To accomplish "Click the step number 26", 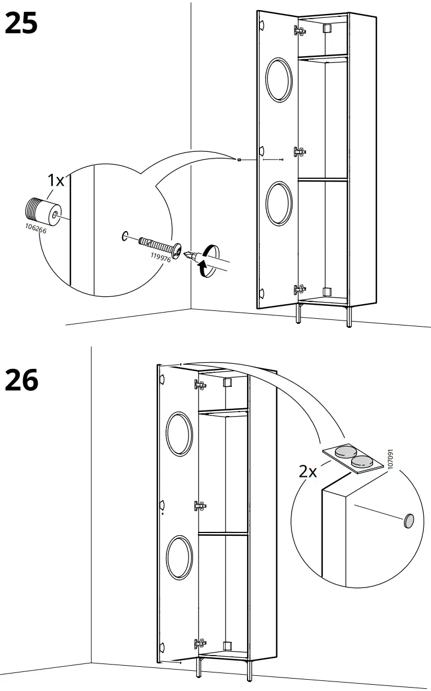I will [x=21, y=380].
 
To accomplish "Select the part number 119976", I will [x=160, y=259].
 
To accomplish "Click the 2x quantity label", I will [x=308, y=471].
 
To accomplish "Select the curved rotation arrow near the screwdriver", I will [x=206, y=260].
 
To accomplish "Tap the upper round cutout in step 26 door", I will [x=180, y=435].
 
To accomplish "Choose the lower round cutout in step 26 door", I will [x=179, y=557].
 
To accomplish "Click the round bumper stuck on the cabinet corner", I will [x=408, y=521].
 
